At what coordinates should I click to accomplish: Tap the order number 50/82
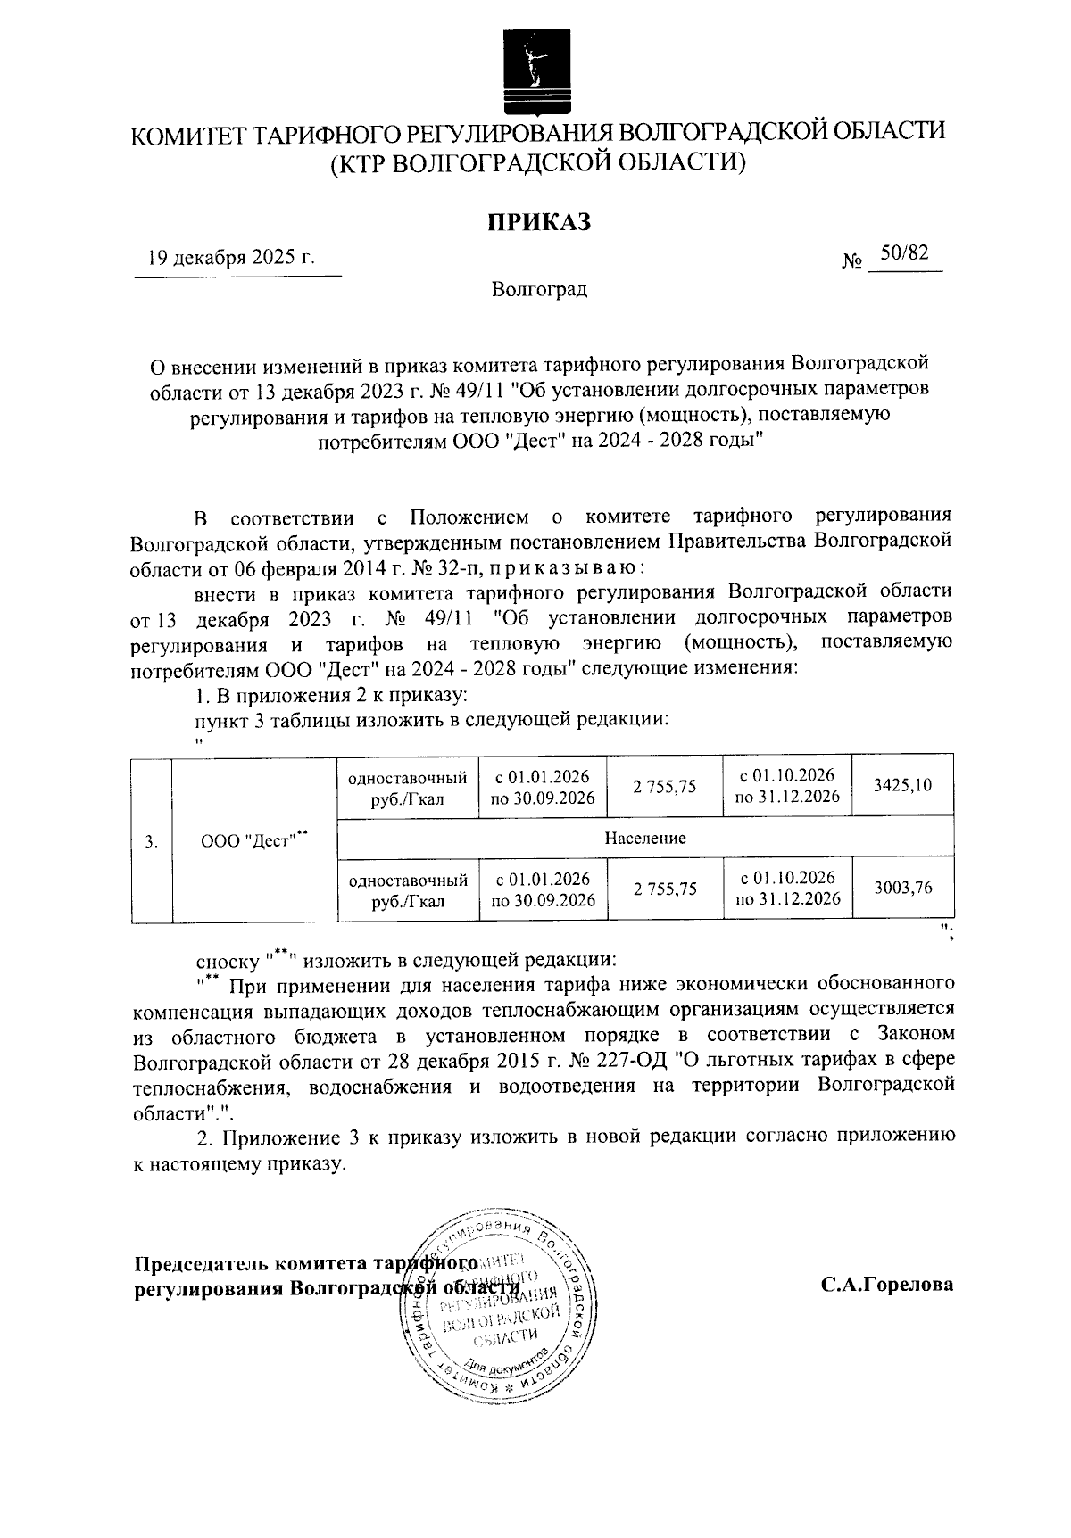[904, 253]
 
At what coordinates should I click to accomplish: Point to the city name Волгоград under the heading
[538, 290]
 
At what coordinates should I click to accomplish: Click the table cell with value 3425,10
[902, 785]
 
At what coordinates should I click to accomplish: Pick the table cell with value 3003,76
[902, 887]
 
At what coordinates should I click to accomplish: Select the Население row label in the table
[644, 838]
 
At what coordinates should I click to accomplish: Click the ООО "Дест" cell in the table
[253, 839]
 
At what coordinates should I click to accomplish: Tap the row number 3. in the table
[152, 839]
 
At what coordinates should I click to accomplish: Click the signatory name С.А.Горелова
[887, 1285]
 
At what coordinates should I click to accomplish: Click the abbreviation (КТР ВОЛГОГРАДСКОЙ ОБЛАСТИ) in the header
[537, 163]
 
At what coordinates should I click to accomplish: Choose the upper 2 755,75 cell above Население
[664, 786]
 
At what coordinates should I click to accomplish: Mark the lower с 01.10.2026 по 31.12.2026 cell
[787, 888]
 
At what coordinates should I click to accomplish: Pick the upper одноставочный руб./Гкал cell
[408, 787]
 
